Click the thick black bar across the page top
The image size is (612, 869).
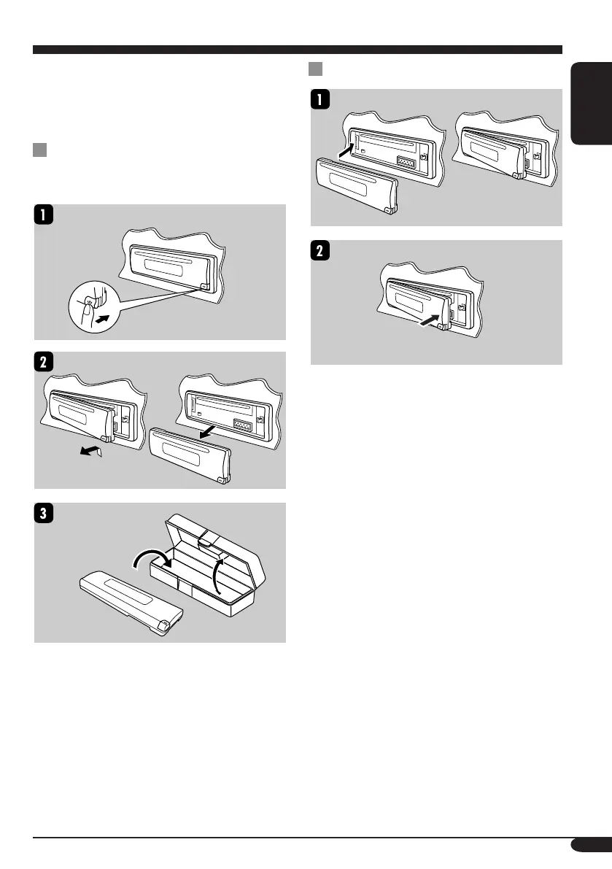(298, 50)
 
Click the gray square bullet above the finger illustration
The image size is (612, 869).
(39, 151)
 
